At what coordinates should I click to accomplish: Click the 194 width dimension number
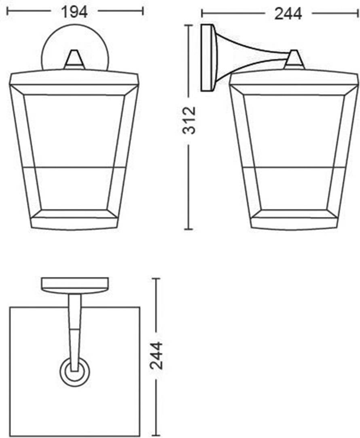74,12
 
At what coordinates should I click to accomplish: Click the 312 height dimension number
189,120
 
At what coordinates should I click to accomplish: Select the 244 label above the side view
288,14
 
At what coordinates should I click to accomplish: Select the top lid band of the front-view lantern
74,79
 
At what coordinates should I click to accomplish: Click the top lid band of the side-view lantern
294,79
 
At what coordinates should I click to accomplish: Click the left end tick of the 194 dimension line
8,11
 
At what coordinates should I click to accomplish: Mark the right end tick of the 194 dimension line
143,11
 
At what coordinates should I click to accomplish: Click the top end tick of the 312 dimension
188,25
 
